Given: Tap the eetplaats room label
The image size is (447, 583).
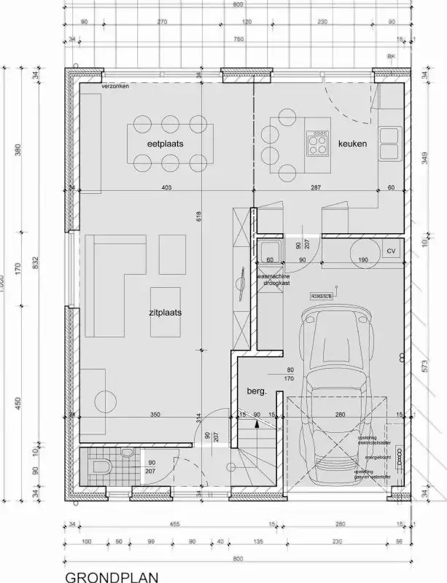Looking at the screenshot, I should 166,144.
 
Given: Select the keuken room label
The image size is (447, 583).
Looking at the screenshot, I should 352,144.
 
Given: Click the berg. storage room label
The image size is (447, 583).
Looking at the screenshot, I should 257,391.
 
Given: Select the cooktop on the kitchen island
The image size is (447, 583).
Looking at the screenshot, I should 319,143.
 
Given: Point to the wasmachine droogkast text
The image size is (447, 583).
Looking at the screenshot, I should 274,281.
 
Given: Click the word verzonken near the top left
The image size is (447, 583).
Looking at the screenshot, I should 116,87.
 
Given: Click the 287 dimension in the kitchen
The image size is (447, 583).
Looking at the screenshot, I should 315,189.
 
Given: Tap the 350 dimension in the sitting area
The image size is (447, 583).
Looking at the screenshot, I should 155,415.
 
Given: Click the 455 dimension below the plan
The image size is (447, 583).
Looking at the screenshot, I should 155,523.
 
